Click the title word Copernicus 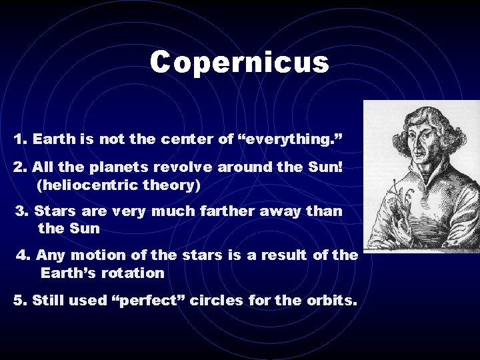pyautogui.click(x=239, y=63)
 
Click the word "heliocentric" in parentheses pyautogui.click(x=96, y=183)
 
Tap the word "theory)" pyautogui.click(x=176, y=183)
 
